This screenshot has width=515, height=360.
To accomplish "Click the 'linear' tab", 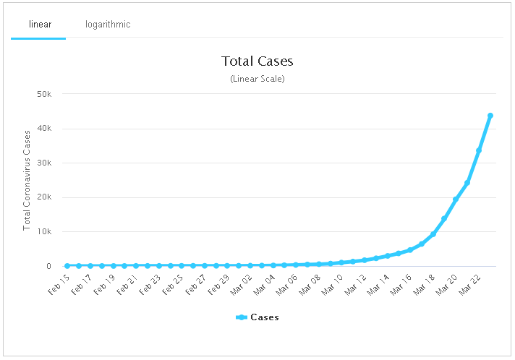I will [x=40, y=25].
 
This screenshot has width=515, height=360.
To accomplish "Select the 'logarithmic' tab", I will [x=108, y=25].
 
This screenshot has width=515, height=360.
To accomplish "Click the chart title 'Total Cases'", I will [x=257, y=61].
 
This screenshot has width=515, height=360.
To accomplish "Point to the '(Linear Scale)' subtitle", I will [x=257, y=78].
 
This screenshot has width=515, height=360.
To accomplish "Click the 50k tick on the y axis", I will [x=43, y=94].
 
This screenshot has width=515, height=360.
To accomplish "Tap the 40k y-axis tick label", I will [x=43, y=129].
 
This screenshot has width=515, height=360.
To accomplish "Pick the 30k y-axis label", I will [x=43, y=163].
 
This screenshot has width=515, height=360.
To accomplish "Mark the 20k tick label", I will [x=43, y=197].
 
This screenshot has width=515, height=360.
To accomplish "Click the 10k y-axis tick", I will [x=43, y=232].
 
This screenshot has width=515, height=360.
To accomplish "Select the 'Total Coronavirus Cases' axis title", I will [x=27, y=179].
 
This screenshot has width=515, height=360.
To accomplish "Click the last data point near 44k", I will [x=490, y=116].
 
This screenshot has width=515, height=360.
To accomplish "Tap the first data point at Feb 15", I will [x=67, y=266].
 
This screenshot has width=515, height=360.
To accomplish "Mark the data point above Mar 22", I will [x=479, y=150].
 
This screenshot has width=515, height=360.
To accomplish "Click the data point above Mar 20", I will [x=456, y=200].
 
